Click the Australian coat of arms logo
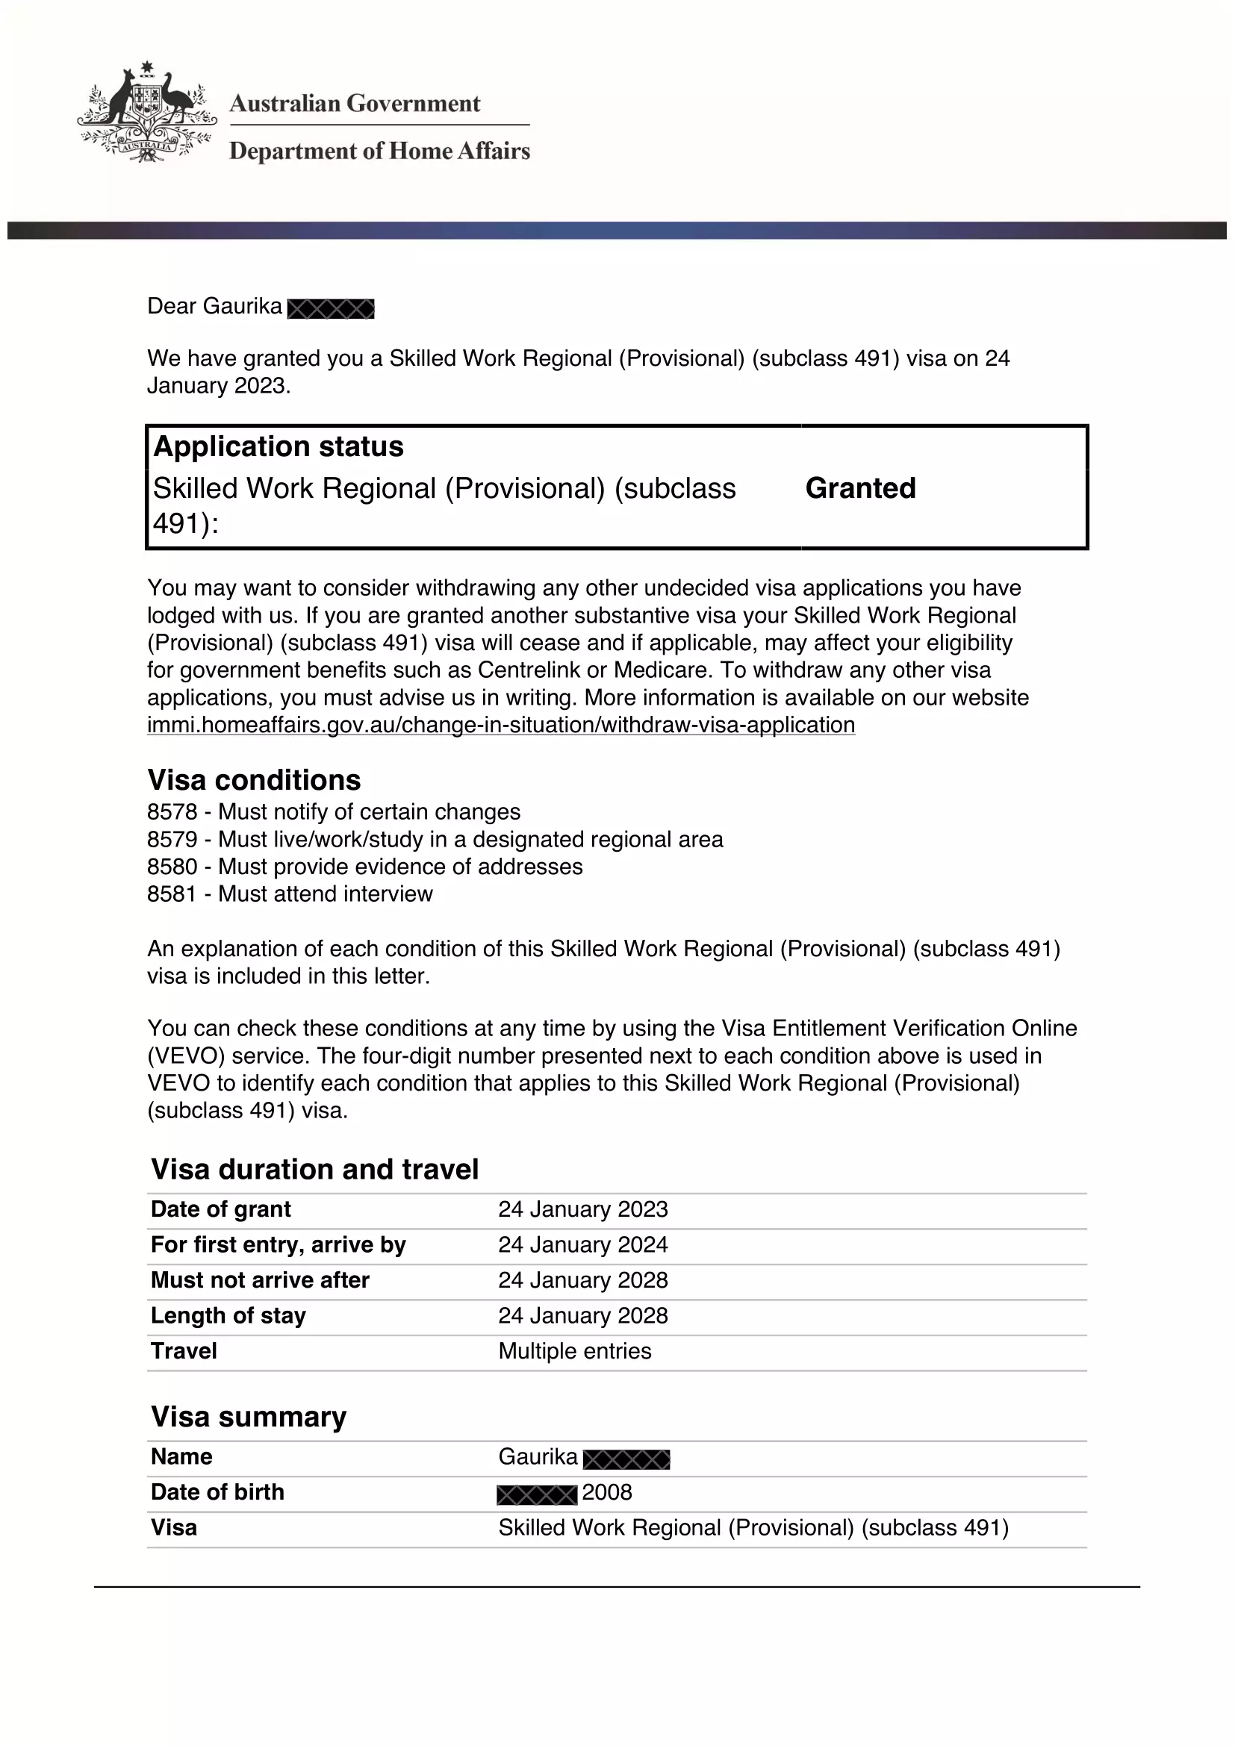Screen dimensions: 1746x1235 (x=147, y=113)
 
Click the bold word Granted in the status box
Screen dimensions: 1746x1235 (x=860, y=488)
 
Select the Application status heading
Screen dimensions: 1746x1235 (x=279, y=446)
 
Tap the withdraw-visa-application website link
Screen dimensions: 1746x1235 (x=500, y=725)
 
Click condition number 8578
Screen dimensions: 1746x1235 (x=172, y=812)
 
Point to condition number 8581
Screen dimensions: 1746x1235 (x=172, y=894)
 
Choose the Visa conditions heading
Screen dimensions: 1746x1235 (x=254, y=780)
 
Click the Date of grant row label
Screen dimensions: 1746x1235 (x=220, y=1209)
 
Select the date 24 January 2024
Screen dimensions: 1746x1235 (x=582, y=1245)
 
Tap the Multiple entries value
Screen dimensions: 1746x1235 (x=574, y=1351)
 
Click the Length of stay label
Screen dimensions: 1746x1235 (x=228, y=1315)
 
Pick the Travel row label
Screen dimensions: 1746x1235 (x=184, y=1351)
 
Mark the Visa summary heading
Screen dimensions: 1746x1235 (x=249, y=1417)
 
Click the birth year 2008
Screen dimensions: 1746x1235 (x=607, y=1493)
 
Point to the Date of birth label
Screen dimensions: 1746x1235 (x=217, y=1492)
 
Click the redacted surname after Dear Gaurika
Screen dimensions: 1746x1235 (x=331, y=309)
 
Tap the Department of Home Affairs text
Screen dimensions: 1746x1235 (x=379, y=152)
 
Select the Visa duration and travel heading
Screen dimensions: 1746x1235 (x=315, y=1170)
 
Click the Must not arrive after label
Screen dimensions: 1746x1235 (x=260, y=1281)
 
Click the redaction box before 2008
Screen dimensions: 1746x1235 (x=537, y=1495)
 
